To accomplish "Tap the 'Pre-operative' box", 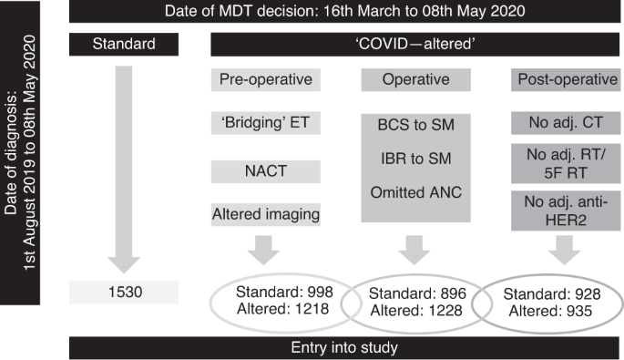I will tap(265, 79).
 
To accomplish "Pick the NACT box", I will tap(265, 171).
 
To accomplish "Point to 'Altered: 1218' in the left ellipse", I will tap(283, 311).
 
